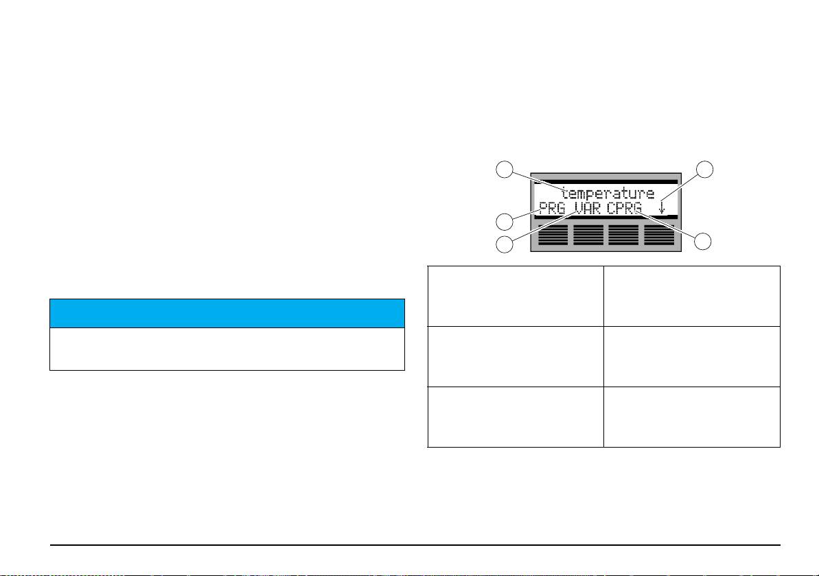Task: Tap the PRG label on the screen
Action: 552,207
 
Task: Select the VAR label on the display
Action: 588,207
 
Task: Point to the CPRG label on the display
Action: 624,207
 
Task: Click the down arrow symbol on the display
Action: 661,207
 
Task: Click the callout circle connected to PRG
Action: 505,221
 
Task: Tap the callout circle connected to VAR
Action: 505,244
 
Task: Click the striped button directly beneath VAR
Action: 589,235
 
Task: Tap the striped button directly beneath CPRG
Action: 624,235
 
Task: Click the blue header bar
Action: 227,313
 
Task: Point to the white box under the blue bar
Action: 227,349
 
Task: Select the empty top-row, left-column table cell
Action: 516,296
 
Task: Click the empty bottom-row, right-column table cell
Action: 692,417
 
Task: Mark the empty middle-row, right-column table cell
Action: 692,356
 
